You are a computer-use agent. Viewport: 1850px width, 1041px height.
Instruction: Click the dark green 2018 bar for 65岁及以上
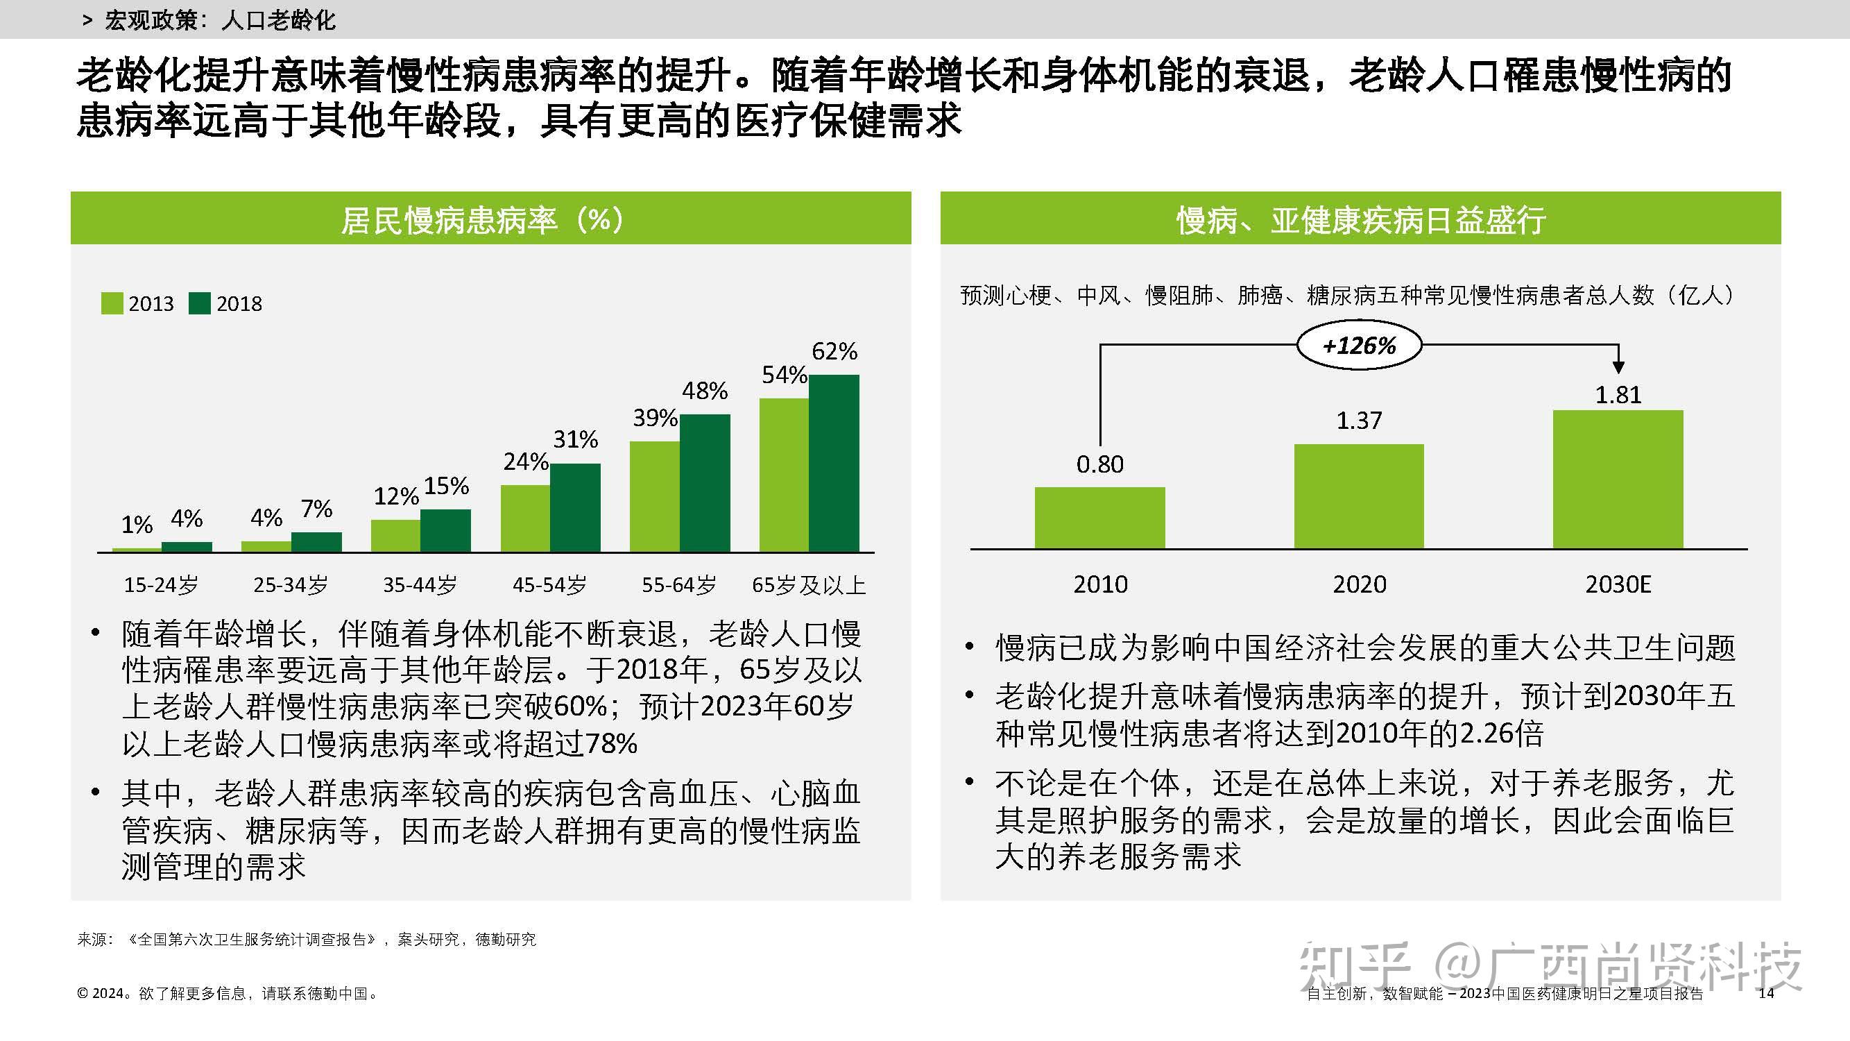click(834, 464)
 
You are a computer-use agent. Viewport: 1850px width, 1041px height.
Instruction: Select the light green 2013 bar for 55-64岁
click(654, 496)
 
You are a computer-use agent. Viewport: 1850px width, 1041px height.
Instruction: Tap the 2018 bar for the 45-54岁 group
click(575, 508)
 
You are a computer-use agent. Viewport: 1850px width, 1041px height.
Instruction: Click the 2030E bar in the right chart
click(1618, 479)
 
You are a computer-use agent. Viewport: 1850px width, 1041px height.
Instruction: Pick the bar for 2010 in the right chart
click(1099, 518)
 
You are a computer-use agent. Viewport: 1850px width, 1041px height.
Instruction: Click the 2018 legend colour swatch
click(200, 303)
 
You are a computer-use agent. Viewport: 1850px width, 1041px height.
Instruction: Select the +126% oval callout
click(1359, 346)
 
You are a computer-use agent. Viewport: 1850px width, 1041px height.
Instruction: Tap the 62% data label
click(834, 351)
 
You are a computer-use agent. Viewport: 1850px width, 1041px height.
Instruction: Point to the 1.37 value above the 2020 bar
click(1359, 421)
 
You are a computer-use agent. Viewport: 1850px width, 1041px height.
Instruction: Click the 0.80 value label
click(1099, 465)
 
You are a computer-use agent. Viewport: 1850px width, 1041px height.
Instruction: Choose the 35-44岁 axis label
click(420, 585)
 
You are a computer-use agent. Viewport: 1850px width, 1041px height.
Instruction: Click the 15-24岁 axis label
click(161, 585)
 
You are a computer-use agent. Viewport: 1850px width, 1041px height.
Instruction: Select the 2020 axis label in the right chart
click(1359, 584)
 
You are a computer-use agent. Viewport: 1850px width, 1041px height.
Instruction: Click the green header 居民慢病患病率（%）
click(490, 219)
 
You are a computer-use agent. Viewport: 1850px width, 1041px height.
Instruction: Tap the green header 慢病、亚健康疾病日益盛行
click(1360, 219)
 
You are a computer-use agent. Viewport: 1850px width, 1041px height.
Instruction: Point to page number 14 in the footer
click(1766, 993)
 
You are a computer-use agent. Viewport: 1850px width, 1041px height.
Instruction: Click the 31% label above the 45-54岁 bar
click(575, 439)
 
